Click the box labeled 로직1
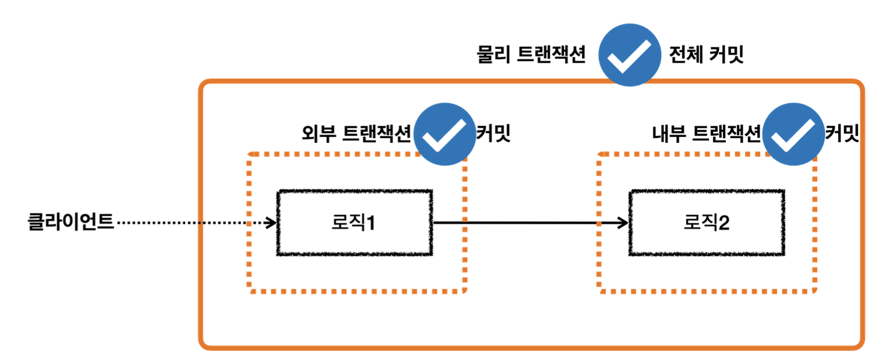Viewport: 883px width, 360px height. [354, 223]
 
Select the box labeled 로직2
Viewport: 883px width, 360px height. [706, 223]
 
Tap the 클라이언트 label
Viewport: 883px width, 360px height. [70, 223]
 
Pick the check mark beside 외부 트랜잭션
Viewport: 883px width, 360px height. [444, 134]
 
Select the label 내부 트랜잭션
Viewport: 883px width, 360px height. [706, 134]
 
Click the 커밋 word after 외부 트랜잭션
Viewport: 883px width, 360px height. [493, 134]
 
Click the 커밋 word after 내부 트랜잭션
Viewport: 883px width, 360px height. [842, 134]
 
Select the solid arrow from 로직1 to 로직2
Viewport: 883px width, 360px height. [524, 223]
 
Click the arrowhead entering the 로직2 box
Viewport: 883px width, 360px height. [624, 223]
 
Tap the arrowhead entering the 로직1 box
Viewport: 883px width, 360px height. [271, 223]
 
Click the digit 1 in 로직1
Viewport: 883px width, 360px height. [370, 223]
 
